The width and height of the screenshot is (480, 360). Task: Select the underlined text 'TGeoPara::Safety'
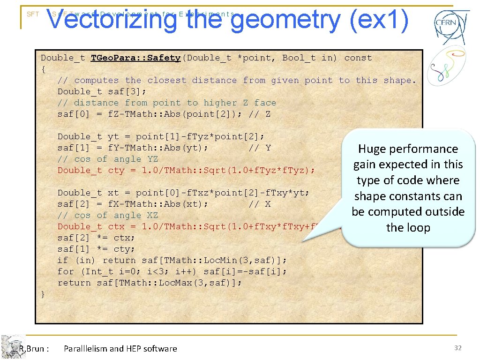point(135,58)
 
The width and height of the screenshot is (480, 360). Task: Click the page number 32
point(458,348)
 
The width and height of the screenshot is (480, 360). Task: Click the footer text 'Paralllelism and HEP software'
point(120,348)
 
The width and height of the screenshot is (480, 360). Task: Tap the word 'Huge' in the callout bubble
point(373,149)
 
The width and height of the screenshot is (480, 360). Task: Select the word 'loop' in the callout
point(419,228)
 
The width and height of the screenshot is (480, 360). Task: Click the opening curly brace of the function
point(44,69)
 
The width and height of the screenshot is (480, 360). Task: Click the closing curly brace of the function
point(44,294)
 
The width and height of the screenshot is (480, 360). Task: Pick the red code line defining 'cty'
point(186,171)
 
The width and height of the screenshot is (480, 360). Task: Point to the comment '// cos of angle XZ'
point(108,216)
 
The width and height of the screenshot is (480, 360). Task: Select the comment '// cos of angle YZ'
point(108,159)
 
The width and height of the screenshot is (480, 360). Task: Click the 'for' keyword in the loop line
point(66,272)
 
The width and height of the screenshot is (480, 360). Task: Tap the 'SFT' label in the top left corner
point(33,15)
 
